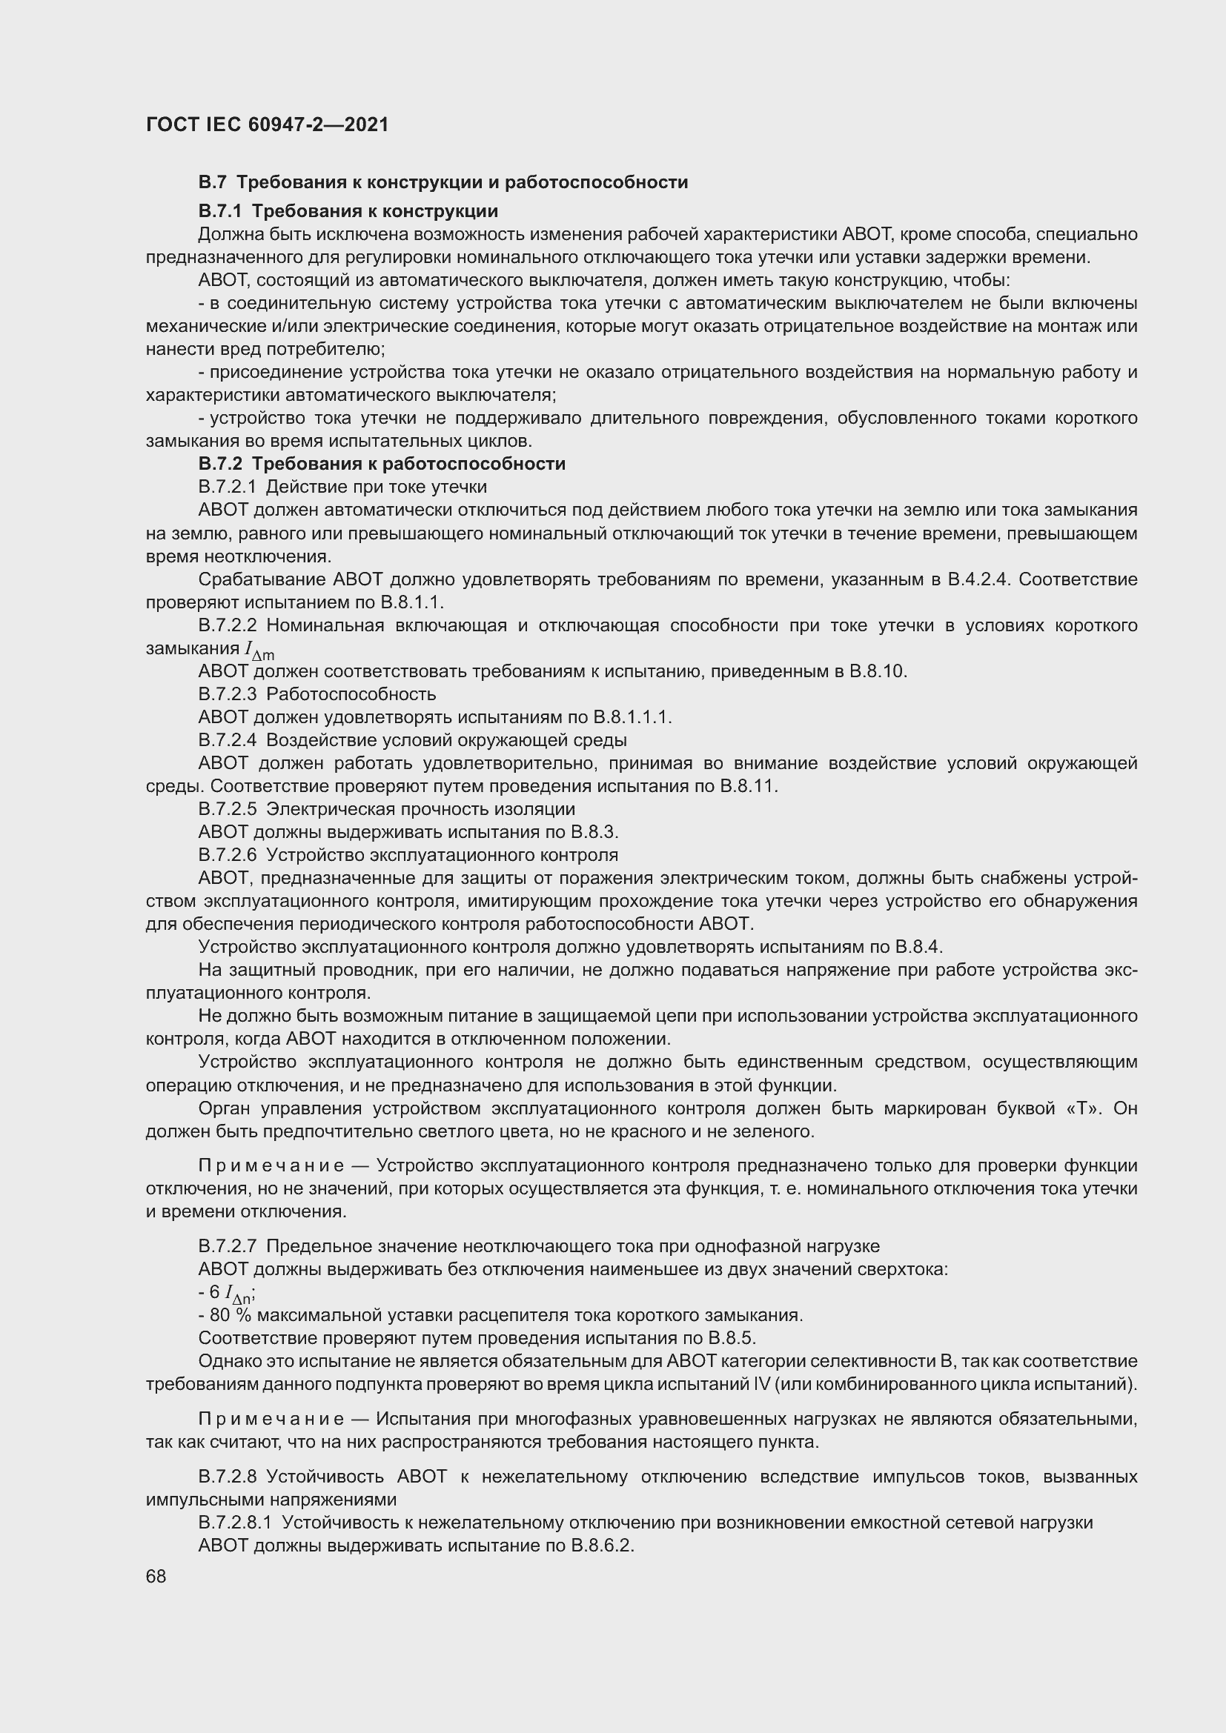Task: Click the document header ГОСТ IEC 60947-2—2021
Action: coord(268,124)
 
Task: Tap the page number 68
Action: coord(156,1577)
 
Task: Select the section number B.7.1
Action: coord(219,210)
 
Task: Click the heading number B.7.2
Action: coord(219,463)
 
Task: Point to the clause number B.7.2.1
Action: coord(227,487)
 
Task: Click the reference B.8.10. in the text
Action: coord(878,671)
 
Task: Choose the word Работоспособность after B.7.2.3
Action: coord(351,693)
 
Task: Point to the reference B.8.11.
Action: coord(749,785)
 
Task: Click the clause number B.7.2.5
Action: coord(227,809)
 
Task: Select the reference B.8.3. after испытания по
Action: coord(595,832)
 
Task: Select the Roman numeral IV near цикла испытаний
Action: coord(763,1384)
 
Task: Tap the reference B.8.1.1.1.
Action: coord(632,717)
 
